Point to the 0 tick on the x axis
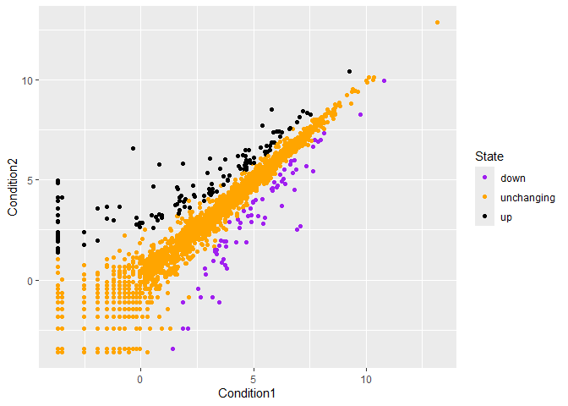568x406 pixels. (x=140, y=380)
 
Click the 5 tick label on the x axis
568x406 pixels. (x=254, y=380)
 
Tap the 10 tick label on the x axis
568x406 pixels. (x=366, y=380)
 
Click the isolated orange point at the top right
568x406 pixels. (x=437, y=23)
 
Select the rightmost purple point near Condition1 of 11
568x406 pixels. (x=384, y=80)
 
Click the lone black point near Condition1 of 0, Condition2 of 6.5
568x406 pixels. (x=133, y=148)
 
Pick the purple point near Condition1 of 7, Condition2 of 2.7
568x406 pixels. (x=298, y=227)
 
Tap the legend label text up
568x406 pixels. (x=506, y=217)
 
